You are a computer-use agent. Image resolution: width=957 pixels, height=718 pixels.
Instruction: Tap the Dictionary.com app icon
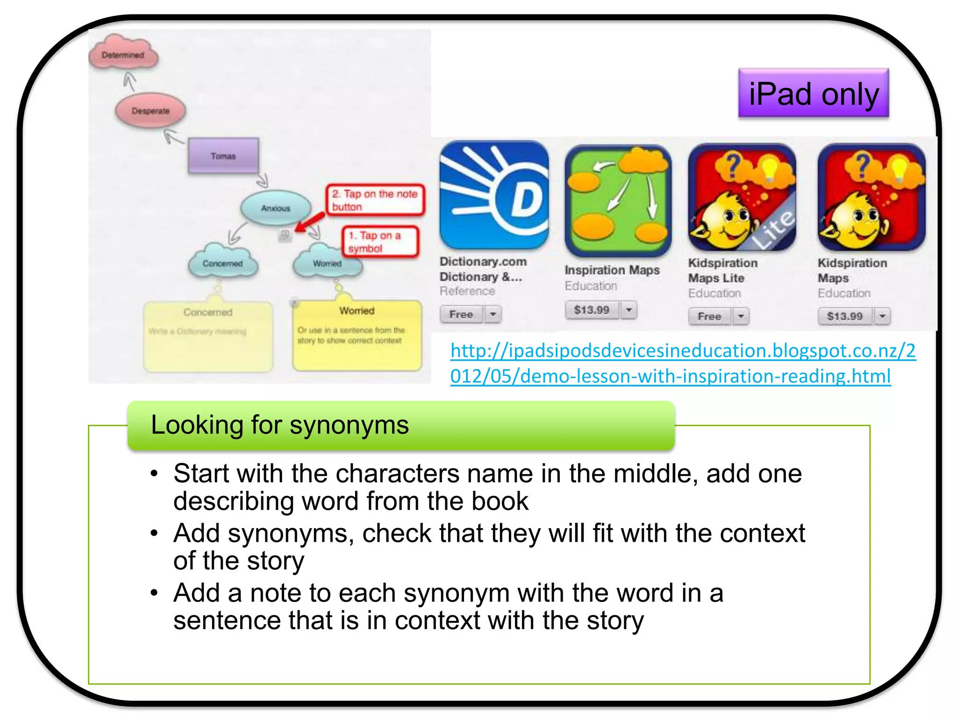pyautogui.click(x=494, y=195)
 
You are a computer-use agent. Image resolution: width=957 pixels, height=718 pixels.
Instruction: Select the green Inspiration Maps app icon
pyautogui.click(x=618, y=200)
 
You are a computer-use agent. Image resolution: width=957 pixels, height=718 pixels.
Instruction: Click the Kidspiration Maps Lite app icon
pyautogui.click(x=742, y=197)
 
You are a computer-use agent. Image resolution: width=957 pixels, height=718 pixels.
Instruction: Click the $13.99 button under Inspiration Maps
pyautogui.click(x=592, y=310)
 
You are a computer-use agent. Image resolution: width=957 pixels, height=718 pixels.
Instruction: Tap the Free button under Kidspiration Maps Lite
pyautogui.click(x=709, y=316)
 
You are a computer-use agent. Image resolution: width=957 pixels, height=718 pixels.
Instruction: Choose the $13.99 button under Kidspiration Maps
pyautogui.click(x=844, y=316)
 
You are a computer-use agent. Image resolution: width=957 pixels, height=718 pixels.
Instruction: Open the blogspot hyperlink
pyautogui.click(x=682, y=363)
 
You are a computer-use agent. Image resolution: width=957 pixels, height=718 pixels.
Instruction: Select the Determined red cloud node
pyautogui.click(x=123, y=55)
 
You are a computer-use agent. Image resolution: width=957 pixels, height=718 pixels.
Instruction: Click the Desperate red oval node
pyautogui.click(x=150, y=111)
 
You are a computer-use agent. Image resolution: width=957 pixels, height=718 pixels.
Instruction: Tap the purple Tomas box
pyautogui.click(x=223, y=156)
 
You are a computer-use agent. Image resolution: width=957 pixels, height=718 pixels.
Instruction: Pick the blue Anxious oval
pyautogui.click(x=276, y=208)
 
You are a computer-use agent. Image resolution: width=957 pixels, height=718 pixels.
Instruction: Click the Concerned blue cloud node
pyautogui.click(x=222, y=264)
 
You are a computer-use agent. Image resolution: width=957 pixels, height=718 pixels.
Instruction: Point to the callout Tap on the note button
pyautogui.click(x=375, y=200)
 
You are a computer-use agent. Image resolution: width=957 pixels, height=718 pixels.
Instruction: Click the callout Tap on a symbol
pyautogui.click(x=379, y=242)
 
